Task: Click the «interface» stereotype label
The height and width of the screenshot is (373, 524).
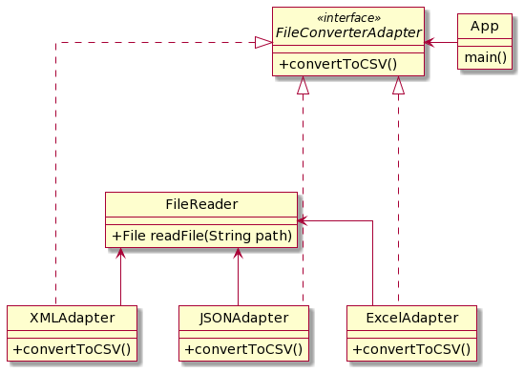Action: pyautogui.click(x=348, y=18)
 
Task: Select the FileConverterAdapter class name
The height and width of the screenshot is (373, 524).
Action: pyautogui.click(x=348, y=34)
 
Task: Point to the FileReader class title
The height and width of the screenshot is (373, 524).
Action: pyautogui.click(x=201, y=204)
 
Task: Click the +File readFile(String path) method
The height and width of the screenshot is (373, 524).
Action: pyautogui.click(x=201, y=235)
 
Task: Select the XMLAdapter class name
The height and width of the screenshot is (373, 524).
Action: pyautogui.click(x=73, y=318)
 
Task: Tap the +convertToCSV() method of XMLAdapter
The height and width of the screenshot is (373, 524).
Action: pyautogui.click(x=73, y=348)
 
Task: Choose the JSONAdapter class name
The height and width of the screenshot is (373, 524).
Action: pyautogui.click(x=244, y=318)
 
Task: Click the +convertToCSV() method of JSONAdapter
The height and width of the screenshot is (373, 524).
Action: pyautogui.click(x=244, y=348)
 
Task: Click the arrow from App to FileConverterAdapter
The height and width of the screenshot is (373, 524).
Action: pyautogui.click(x=441, y=42)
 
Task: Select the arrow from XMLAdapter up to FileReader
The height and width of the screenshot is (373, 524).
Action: pyautogui.click(x=120, y=277)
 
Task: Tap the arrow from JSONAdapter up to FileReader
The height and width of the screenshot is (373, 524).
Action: pyautogui.click(x=238, y=277)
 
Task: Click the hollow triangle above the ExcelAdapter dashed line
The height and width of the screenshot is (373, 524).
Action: pyautogui.click(x=399, y=87)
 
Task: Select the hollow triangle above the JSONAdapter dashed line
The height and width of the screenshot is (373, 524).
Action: pyautogui.click(x=303, y=87)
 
